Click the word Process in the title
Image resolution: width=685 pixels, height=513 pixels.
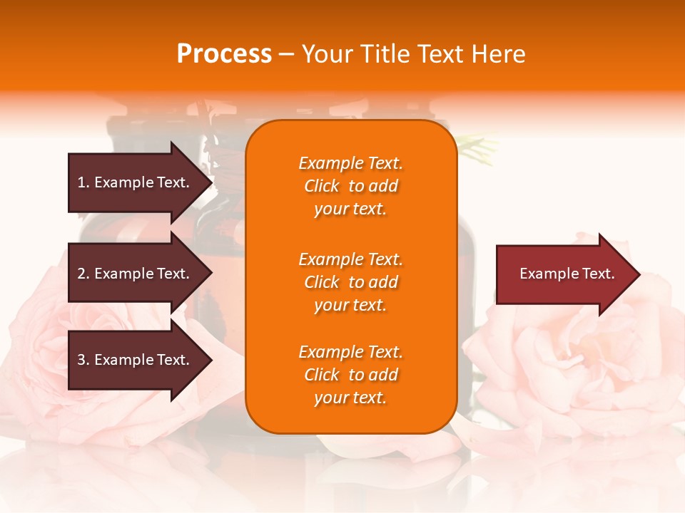(224, 54)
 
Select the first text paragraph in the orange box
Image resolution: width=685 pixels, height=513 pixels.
(350, 186)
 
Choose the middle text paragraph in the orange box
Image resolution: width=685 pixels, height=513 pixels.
(350, 282)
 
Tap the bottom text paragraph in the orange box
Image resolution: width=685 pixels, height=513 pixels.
(350, 375)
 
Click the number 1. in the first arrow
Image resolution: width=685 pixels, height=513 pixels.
(83, 182)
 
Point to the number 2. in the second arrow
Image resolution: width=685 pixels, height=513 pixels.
(83, 274)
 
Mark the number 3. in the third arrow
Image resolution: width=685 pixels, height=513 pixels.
(83, 360)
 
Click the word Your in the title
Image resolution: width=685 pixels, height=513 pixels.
(327, 54)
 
